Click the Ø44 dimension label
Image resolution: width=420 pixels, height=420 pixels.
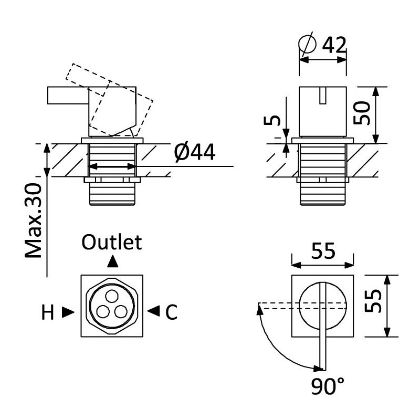pos(194,153)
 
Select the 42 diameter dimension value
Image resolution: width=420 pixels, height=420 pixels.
pos(334,45)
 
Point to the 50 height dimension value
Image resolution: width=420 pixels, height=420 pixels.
pos(363,112)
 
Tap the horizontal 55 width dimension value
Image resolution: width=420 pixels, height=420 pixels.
pos(322,252)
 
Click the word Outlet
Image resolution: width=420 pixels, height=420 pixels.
pos(112,243)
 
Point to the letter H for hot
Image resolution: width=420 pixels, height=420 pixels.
pos(48,313)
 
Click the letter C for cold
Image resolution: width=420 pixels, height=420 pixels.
pos(172,313)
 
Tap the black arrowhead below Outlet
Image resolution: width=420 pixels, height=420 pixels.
pos(112,261)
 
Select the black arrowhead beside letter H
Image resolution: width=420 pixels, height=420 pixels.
pos(68,312)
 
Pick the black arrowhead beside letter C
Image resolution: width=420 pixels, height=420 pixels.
pos(153,311)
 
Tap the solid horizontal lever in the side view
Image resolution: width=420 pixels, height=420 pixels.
pos(67,96)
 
